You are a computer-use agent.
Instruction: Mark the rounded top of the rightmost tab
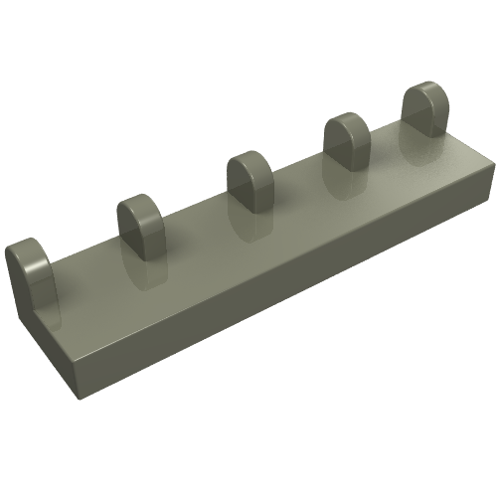click(422, 91)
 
